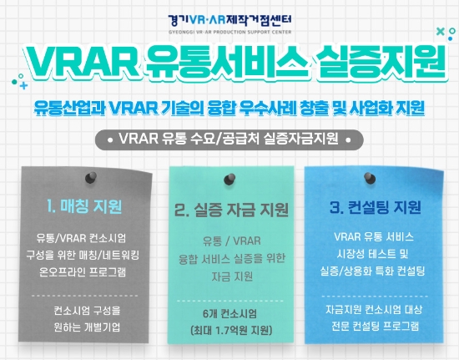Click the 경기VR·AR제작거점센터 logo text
tap(229, 14)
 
